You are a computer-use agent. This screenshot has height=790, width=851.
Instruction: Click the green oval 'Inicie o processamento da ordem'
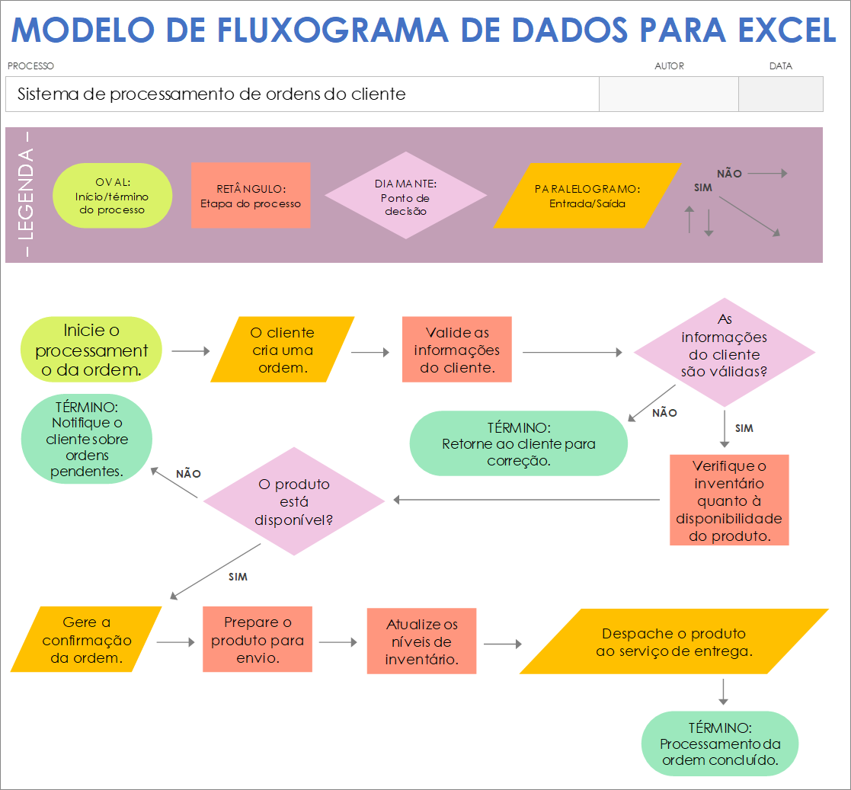[91, 350]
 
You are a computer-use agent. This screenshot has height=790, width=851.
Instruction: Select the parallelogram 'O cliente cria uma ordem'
[282, 350]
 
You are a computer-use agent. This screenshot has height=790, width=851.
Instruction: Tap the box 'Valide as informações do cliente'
[456, 350]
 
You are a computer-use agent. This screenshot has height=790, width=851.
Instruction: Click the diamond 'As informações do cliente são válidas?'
[724, 352]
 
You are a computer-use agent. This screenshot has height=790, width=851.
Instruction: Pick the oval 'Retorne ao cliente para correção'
[518, 443]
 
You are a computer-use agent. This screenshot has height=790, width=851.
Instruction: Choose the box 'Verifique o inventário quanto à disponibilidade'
[729, 500]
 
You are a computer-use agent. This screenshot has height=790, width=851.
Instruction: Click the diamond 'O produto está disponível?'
[294, 501]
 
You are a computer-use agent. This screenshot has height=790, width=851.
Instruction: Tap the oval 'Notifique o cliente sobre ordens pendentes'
[87, 439]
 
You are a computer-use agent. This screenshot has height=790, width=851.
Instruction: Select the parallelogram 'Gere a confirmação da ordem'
[86, 639]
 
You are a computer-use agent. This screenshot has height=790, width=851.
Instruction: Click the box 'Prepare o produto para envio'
[258, 639]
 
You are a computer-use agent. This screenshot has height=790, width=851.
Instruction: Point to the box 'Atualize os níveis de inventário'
[421, 641]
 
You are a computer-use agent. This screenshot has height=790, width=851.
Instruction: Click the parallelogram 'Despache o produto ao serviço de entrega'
[673, 641]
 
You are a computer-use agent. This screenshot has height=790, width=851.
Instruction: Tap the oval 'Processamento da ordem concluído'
[720, 744]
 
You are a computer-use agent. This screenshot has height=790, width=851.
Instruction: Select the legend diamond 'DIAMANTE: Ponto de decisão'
[405, 196]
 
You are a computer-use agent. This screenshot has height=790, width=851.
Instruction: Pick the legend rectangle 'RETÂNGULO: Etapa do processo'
[251, 196]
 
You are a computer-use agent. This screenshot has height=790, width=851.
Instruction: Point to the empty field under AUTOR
[668, 94]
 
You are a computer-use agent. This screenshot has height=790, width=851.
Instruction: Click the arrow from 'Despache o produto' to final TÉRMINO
[723, 691]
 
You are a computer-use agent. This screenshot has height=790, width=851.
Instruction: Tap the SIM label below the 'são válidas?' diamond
[744, 428]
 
